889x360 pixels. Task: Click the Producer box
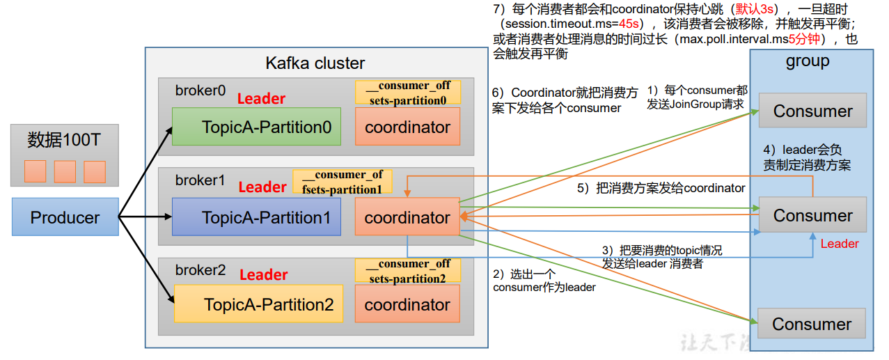coord(65,217)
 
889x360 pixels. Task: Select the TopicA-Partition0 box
coord(256,127)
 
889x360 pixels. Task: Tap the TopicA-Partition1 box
coord(256,217)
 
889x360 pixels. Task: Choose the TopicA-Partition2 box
coord(258,304)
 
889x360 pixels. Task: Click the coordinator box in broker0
coord(407,127)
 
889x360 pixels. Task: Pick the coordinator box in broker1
coord(407,217)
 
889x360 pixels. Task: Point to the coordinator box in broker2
coord(407,304)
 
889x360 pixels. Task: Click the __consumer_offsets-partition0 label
coord(408,92)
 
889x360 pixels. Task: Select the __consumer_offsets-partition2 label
coord(408,271)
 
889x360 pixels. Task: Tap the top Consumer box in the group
coord(812,111)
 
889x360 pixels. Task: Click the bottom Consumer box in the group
coord(812,324)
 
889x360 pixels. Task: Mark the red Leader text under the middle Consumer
coord(840,244)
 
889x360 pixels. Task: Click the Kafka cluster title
coord(315,63)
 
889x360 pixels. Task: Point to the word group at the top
coord(808,61)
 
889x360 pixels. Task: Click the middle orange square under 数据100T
coord(65,171)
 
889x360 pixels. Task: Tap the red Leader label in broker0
coord(261,99)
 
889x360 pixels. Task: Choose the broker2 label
coord(200,270)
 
